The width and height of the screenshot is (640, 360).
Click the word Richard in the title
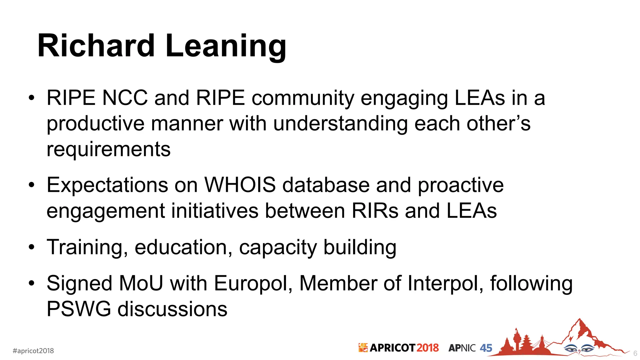(96, 46)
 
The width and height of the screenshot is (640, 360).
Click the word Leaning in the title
(226, 47)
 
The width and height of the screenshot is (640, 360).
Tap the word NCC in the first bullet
(125, 98)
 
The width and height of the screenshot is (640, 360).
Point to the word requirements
(108, 150)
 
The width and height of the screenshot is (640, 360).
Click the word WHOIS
(240, 185)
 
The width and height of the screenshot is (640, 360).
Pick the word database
(326, 185)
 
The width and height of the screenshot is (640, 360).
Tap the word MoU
(141, 283)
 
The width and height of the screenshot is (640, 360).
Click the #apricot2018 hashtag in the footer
(33, 351)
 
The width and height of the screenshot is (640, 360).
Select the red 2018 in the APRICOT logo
(427, 348)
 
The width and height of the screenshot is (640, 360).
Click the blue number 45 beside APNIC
(486, 348)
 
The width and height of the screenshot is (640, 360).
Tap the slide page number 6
(635, 353)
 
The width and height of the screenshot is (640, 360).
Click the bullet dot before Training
(31, 247)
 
